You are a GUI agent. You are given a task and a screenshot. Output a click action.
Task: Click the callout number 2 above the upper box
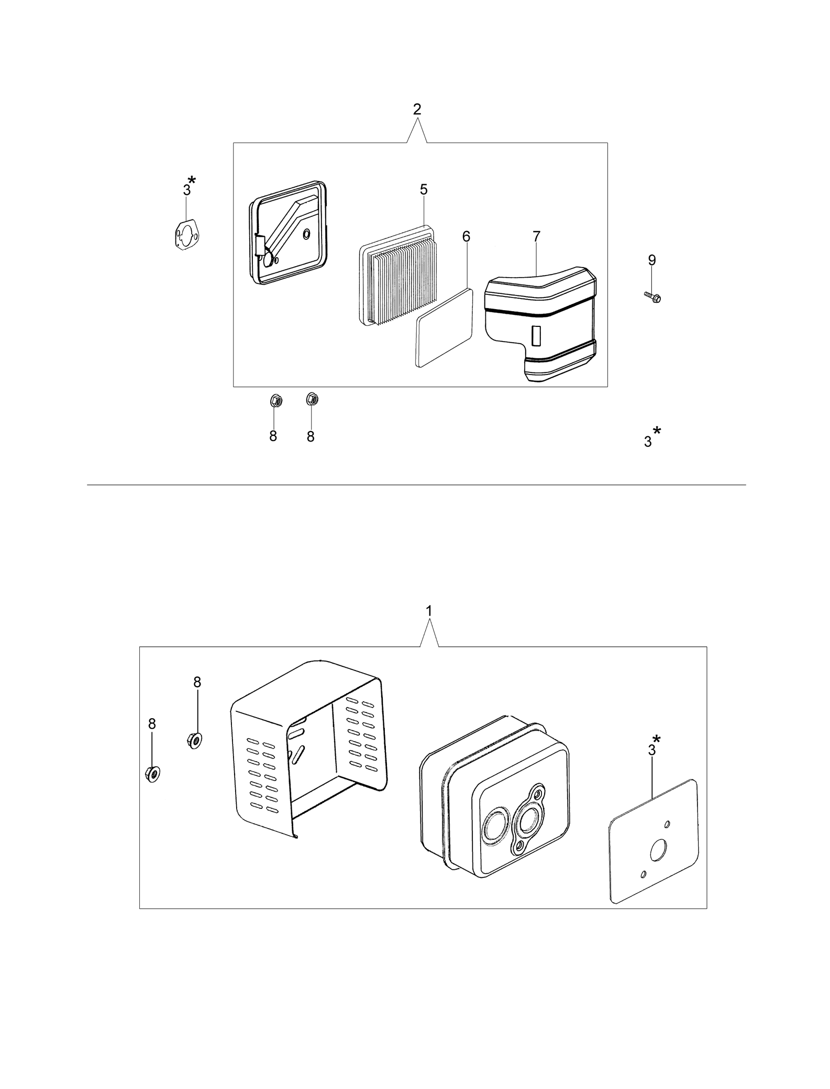click(417, 109)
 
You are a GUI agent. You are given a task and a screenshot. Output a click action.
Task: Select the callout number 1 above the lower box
click(429, 611)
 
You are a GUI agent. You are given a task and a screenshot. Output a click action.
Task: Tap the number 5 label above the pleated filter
click(424, 190)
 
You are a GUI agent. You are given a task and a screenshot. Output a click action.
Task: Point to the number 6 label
click(466, 237)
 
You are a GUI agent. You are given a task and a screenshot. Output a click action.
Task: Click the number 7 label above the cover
click(536, 237)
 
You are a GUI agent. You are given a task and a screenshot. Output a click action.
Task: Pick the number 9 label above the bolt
click(652, 260)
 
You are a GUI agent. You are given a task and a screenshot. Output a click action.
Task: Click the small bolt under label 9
click(652, 297)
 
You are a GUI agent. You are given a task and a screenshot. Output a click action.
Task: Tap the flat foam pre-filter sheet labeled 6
click(445, 327)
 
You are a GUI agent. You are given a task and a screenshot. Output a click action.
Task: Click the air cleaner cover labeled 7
click(541, 325)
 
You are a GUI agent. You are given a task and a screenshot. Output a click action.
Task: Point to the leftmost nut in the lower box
click(152, 774)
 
